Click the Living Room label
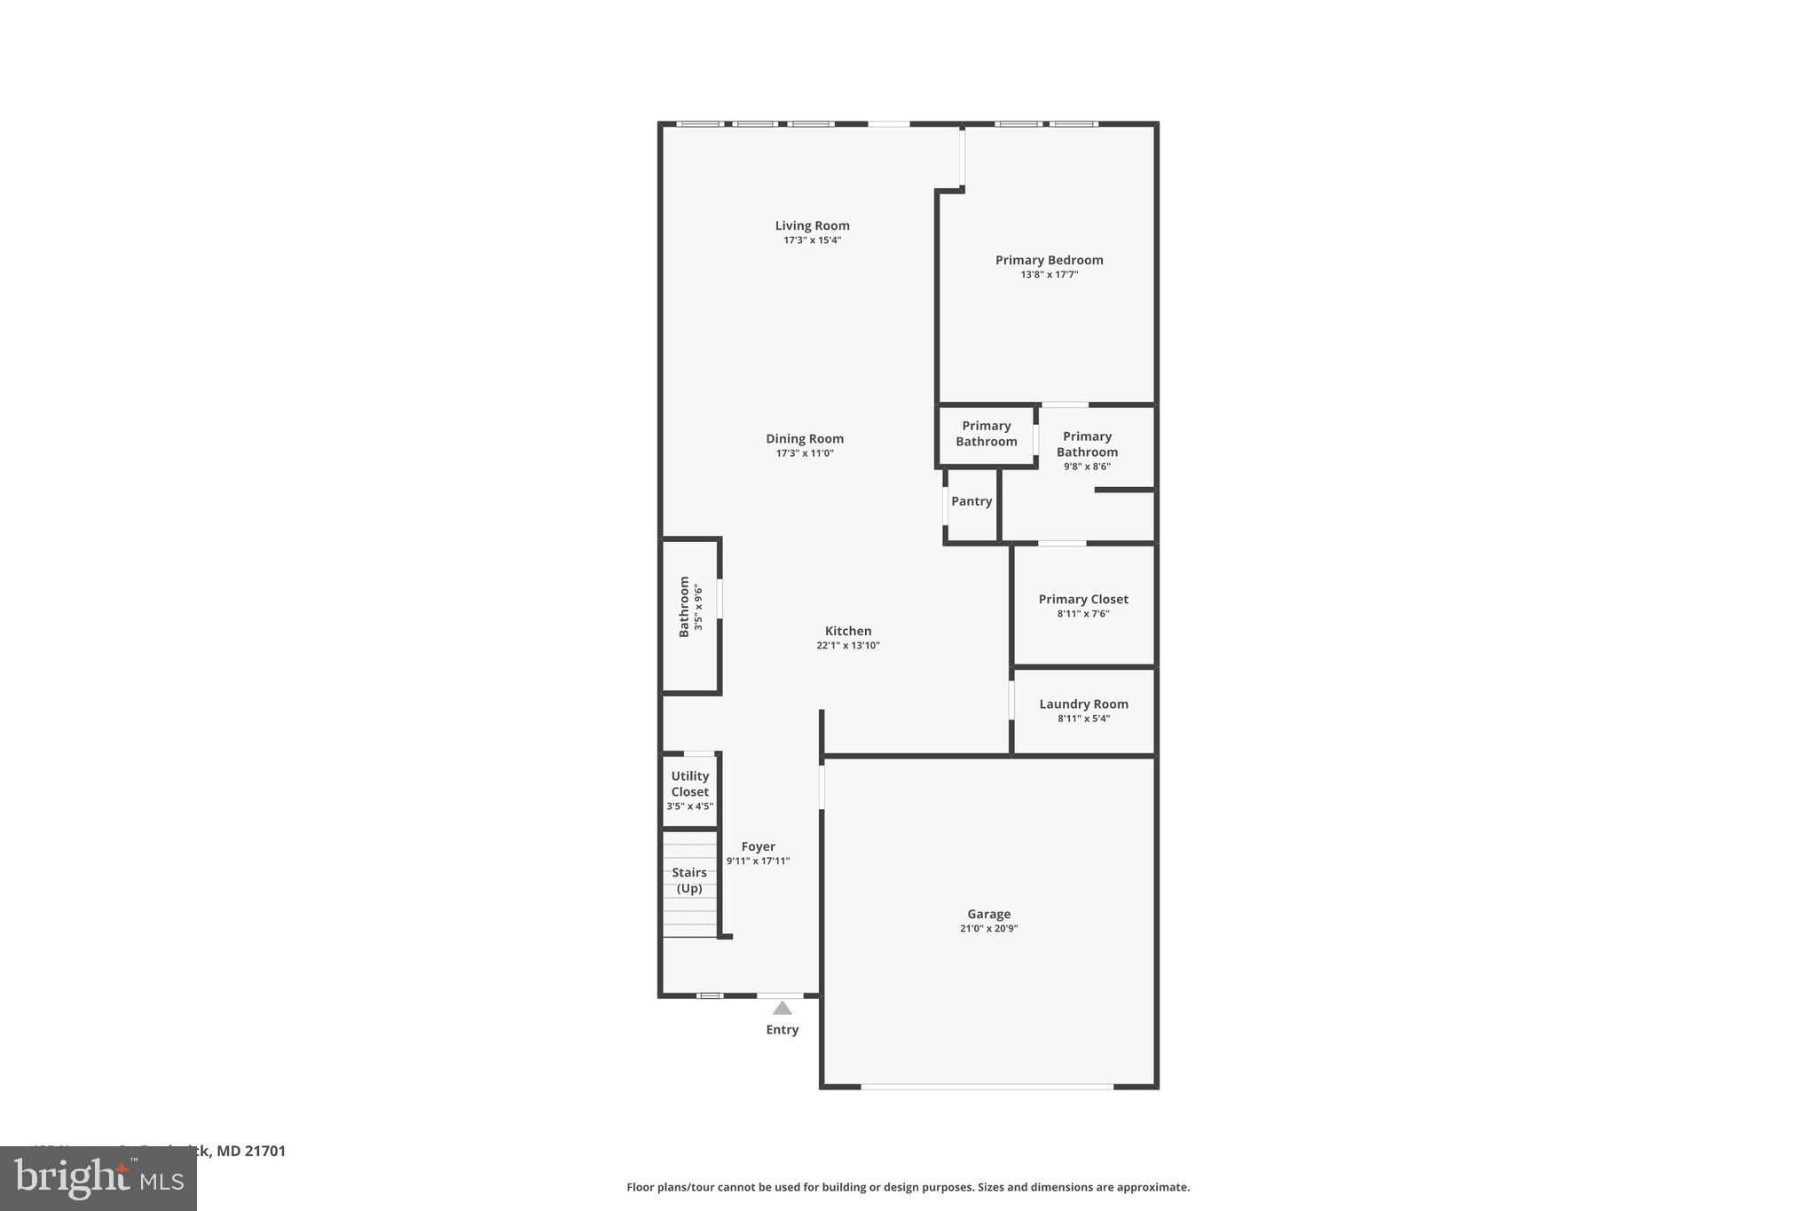click(x=812, y=225)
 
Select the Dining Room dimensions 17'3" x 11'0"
click(x=805, y=453)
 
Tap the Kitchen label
click(x=848, y=631)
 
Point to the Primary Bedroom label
click(x=1049, y=260)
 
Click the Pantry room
click(x=971, y=502)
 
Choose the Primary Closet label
click(x=1083, y=599)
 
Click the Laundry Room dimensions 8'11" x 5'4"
click(x=1083, y=719)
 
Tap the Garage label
click(x=988, y=914)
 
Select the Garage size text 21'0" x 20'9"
click(x=988, y=929)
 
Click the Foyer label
click(x=758, y=846)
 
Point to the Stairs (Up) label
click(x=689, y=880)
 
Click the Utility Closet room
click(x=689, y=790)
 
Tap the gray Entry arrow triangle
click(x=782, y=1008)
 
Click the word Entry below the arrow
click(x=782, y=1029)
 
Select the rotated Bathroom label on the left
click(x=684, y=606)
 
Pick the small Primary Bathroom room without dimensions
click(x=986, y=434)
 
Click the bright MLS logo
click(x=98, y=1178)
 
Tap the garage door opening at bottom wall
click(x=987, y=1086)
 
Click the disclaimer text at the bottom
click(x=908, y=1187)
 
